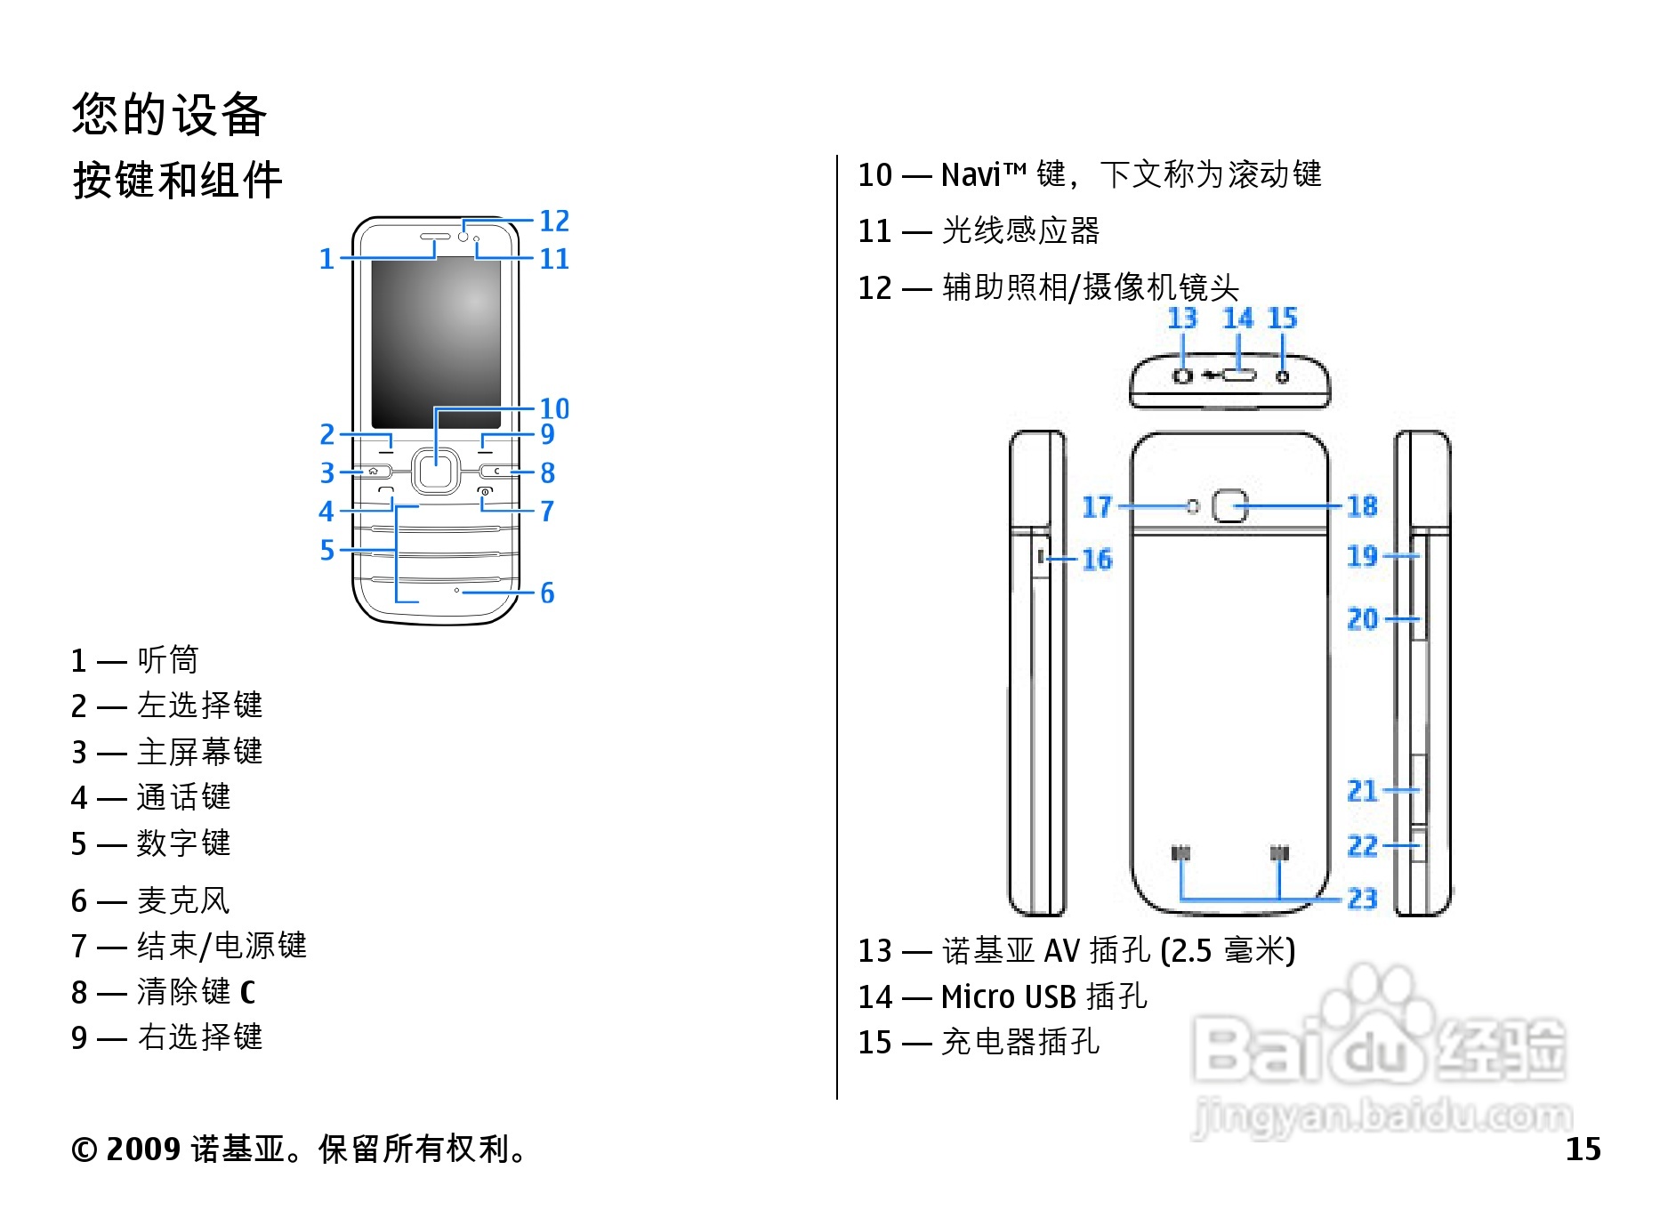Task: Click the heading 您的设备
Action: point(169,115)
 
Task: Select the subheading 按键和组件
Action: point(177,181)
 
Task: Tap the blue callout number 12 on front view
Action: point(554,221)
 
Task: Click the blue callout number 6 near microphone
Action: point(547,593)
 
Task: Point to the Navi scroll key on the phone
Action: point(435,471)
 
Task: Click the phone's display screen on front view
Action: point(436,343)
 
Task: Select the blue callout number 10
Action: point(554,408)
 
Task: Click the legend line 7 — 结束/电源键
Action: point(189,946)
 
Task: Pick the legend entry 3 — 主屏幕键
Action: point(167,752)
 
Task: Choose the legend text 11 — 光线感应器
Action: point(979,231)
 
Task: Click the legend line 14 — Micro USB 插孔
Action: point(1003,996)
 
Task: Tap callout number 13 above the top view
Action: point(1182,319)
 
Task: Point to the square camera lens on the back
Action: point(1230,506)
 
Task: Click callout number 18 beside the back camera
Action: point(1362,506)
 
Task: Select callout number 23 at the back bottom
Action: point(1362,899)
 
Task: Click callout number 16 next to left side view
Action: point(1097,560)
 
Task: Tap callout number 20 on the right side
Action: point(1362,618)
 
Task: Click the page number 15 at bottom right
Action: point(1583,1149)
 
